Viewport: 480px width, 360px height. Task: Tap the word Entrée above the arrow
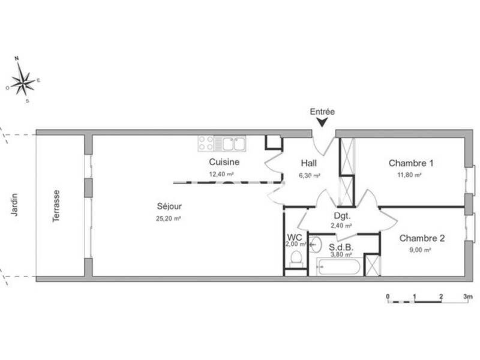(322, 112)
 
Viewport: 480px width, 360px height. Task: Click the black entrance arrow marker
(322, 122)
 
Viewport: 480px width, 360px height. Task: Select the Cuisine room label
(224, 162)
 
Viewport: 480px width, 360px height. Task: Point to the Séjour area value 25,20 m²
(168, 219)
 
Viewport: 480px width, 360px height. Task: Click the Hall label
(308, 163)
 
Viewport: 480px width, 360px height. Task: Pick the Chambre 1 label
(411, 163)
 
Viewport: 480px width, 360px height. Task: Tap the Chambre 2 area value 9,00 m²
(422, 251)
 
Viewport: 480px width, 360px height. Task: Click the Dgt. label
(342, 215)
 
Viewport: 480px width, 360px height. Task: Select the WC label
(295, 237)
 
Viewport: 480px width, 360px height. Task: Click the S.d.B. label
(340, 245)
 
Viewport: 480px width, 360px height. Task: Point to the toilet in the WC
(295, 257)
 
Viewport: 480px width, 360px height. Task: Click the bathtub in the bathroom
(339, 266)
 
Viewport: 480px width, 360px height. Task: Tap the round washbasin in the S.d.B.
(316, 244)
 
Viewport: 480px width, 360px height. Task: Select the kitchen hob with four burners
(206, 143)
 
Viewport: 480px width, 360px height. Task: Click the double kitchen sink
(230, 143)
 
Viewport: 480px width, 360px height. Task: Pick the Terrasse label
(56, 206)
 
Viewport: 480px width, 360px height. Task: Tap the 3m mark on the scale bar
(468, 296)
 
